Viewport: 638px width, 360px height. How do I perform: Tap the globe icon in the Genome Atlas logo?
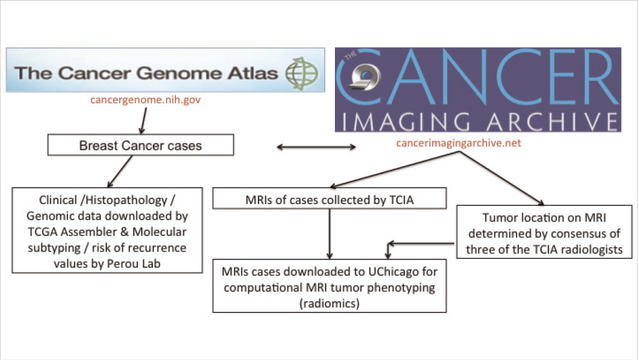coord(301,74)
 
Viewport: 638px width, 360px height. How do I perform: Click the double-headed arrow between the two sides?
coord(316,147)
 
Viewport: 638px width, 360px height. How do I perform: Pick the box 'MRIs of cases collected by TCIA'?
coord(330,199)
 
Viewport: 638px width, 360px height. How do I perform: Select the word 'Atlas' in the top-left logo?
coord(254,73)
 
